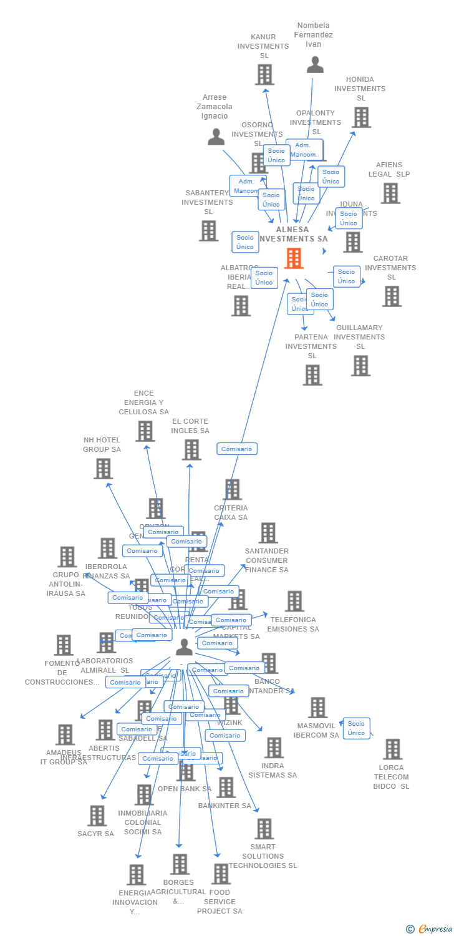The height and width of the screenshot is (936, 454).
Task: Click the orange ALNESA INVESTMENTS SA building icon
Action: click(x=294, y=258)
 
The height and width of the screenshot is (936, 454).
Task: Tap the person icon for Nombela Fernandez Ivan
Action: click(x=315, y=64)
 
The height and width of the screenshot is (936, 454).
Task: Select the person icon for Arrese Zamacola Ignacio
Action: click(x=216, y=137)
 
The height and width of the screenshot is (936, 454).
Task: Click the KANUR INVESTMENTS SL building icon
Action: click(x=264, y=75)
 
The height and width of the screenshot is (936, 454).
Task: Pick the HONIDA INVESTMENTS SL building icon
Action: click(x=361, y=117)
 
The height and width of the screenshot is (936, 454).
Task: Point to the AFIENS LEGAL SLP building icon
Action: click(x=390, y=193)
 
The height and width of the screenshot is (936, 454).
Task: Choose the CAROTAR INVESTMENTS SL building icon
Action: click(x=392, y=296)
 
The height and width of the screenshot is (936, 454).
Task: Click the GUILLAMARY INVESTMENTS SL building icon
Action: click(x=360, y=366)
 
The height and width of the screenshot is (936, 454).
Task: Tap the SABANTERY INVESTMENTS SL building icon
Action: click(x=208, y=231)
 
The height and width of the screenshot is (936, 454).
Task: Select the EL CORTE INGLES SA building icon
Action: click(x=191, y=450)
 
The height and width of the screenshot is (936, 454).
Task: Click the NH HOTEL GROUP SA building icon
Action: click(x=103, y=469)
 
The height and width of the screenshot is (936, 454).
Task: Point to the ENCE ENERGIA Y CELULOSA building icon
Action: click(x=145, y=431)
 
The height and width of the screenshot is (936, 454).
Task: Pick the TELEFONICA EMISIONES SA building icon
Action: click(x=294, y=602)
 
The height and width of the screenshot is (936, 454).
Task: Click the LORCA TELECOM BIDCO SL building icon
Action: click(x=392, y=749)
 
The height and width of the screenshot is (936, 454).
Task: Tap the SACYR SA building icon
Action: click(x=97, y=816)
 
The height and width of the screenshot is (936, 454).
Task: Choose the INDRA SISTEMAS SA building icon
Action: click(x=274, y=748)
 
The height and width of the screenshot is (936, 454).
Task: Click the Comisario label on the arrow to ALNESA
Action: click(x=237, y=449)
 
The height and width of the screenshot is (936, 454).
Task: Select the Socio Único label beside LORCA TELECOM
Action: click(x=356, y=728)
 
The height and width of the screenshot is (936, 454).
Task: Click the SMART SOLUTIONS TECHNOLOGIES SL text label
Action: click(x=263, y=856)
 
